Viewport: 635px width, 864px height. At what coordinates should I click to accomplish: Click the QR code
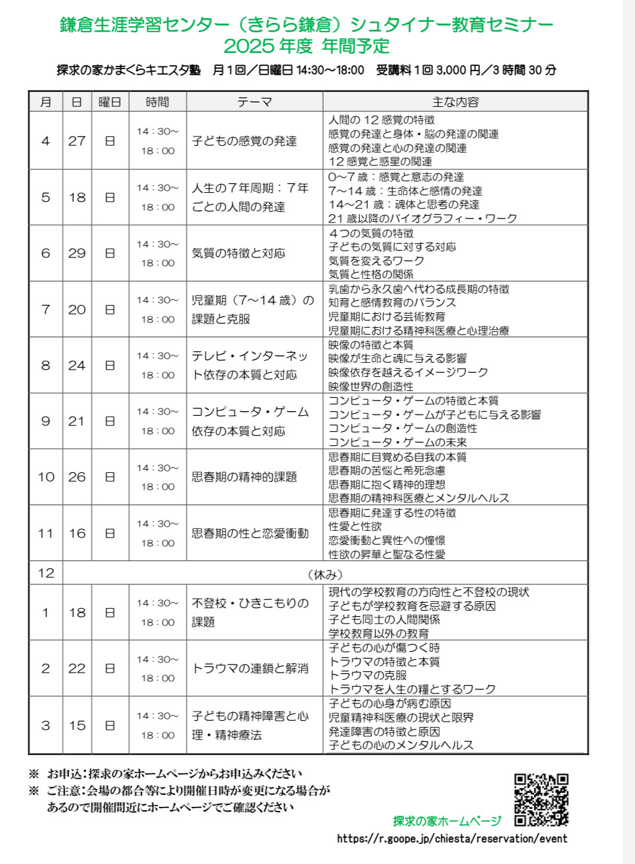(x=542, y=800)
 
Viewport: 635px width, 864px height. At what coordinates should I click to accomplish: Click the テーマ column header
(x=254, y=102)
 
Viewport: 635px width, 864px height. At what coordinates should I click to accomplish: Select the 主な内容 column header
(x=455, y=102)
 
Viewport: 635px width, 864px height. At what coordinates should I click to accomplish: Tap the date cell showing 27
(x=77, y=141)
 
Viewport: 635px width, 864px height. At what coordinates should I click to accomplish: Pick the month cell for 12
(x=46, y=573)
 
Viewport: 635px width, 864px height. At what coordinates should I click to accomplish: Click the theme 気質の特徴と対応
(x=238, y=253)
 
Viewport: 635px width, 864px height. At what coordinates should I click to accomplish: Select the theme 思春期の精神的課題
(x=244, y=477)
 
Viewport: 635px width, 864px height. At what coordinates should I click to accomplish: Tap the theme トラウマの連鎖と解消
(x=250, y=668)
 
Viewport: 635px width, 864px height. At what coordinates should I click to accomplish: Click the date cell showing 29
(x=77, y=253)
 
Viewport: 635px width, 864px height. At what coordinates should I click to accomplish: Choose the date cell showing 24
(x=77, y=365)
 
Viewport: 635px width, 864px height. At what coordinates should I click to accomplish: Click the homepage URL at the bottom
(x=452, y=838)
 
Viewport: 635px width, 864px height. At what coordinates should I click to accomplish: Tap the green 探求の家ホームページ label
(x=447, y=821)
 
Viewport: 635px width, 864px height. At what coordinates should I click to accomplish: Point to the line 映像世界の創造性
(x=371, y=386)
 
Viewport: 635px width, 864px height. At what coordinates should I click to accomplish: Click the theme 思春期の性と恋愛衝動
(x=250, y=533)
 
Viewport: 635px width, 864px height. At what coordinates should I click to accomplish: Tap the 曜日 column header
(x=110, y=102)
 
